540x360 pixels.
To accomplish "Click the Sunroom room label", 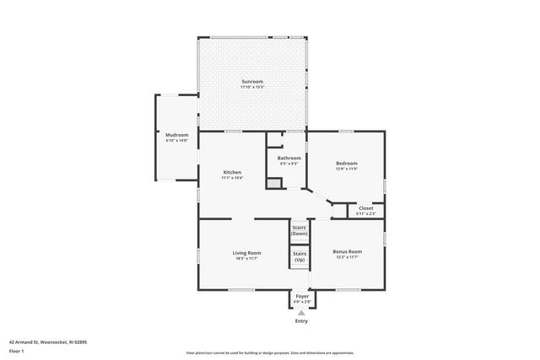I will coord(252,81).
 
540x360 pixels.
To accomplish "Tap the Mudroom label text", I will coord(176,135).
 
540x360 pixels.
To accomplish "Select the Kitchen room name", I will coord(232,172).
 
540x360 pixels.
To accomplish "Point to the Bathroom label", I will coord(289,158).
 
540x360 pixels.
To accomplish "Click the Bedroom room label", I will coord(347,163).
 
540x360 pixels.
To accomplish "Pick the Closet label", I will coord(366,207).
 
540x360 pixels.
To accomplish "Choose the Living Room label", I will coord(247,252).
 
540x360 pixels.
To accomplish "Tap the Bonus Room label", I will coord(347,252).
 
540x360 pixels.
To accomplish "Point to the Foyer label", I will coord(301,296).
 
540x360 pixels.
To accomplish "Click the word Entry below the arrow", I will coord(301,321).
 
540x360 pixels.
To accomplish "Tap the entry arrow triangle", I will coord(301,313).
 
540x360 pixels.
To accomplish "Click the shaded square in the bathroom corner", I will coord(273,182).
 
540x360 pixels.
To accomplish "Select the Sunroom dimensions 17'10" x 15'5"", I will coord(252,87).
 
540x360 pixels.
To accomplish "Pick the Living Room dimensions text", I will coord(247,258).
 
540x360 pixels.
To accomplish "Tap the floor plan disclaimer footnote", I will coord(269,352).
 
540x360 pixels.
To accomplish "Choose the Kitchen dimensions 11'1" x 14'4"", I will coord(232,178).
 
